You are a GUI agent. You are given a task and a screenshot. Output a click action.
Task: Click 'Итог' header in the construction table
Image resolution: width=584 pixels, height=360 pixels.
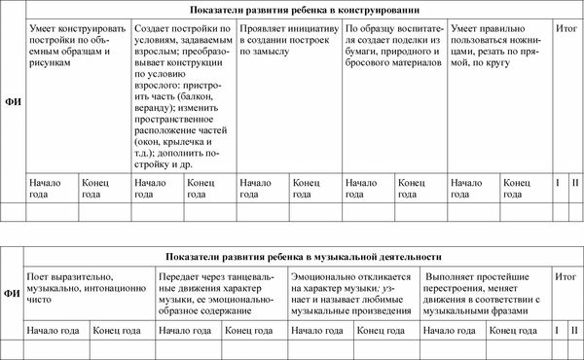point(565,30)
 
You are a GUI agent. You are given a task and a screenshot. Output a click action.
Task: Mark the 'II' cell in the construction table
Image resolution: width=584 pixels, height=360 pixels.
point(574,182)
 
